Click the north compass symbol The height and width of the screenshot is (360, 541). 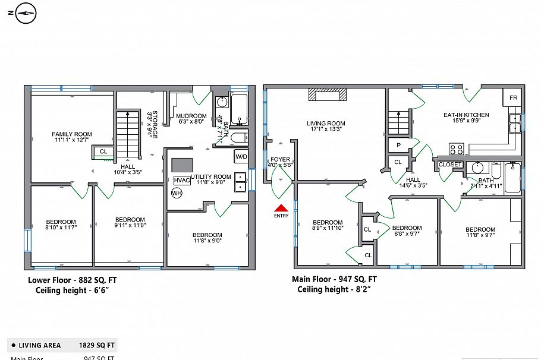[25, 12]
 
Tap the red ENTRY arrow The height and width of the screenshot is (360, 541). [281, 208]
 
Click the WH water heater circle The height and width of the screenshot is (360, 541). [177, 193]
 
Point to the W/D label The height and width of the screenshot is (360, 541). [241, 157]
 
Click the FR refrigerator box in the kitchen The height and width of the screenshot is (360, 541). [513, 97]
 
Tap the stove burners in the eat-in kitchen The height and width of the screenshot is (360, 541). [457, 149]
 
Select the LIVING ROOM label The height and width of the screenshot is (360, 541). [326, 124]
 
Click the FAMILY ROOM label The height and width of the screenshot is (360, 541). [71, 134]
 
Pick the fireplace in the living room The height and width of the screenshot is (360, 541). [326, 95]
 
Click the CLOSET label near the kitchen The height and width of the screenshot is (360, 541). [450, 165]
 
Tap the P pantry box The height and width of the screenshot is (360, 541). [397, 145]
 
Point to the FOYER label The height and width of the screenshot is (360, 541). [280, 160]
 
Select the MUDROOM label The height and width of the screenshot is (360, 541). [191, 116]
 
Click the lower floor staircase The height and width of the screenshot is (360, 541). [127, 135]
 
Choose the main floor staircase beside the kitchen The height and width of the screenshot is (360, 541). [400, 123]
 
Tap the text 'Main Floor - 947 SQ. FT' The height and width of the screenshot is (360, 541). [334, 279]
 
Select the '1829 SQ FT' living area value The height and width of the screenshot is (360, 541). [97, 345]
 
